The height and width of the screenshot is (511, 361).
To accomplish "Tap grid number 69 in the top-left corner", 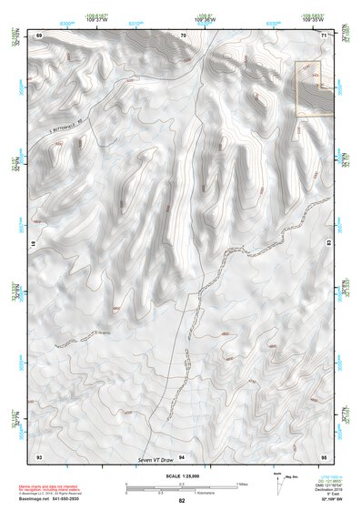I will point(40,35).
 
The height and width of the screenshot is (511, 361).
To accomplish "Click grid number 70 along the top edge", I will point(183,35).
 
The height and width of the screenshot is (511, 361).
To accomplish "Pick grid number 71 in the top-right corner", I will point(324,35).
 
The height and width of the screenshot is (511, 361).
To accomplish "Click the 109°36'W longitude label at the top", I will point(206,19).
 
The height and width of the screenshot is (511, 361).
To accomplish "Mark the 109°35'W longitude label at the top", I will point(313,19).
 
